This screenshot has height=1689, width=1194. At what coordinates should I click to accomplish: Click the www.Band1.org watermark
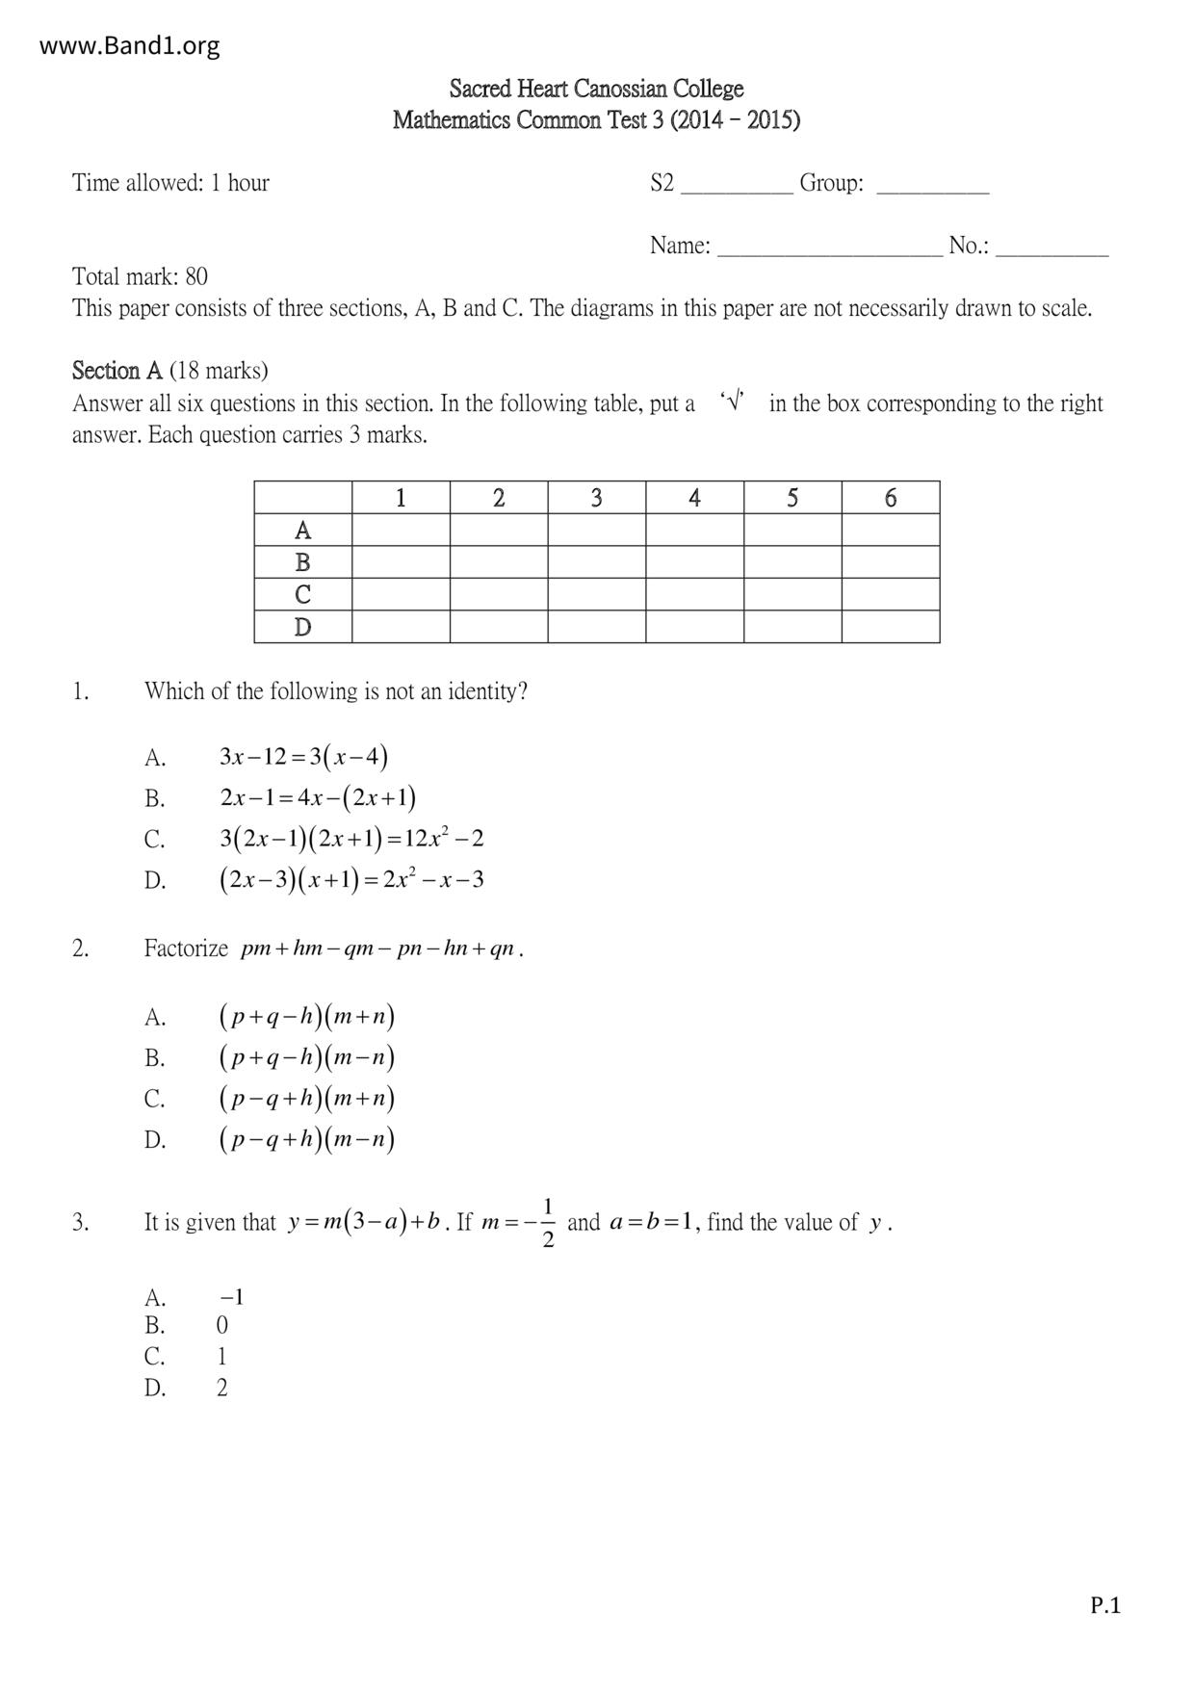129,45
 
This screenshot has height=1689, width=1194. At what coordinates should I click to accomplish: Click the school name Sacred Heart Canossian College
596,89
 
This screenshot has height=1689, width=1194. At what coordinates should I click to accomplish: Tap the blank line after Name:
830,247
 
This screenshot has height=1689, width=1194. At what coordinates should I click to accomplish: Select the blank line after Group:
932,185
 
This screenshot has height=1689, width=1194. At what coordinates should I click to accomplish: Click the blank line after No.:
1051,247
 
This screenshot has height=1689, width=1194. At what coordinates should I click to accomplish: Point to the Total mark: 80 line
140,276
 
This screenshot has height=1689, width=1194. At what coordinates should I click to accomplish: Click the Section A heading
117,371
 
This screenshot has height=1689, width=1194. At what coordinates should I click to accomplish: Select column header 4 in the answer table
694,498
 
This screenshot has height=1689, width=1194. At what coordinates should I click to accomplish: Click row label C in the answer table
302,594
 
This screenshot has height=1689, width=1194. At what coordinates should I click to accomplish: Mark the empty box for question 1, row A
401,530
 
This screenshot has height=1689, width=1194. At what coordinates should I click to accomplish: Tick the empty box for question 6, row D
890,627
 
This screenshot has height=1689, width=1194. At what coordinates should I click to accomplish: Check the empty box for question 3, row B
596,562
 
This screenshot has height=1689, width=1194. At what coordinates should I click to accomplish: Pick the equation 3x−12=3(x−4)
303,757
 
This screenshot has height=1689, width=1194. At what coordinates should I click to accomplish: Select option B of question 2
306,1057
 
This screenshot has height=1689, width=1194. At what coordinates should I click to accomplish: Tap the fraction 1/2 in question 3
548,1222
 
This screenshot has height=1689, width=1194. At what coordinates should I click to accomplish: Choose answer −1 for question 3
231,1297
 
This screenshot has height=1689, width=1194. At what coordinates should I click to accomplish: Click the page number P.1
1105,1605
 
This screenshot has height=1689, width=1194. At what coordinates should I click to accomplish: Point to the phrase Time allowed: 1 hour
170,183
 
